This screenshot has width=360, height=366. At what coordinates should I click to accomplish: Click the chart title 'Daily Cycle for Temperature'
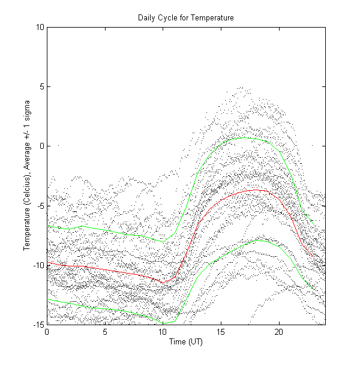[x=186, y=19]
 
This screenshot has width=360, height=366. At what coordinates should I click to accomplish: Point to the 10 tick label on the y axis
[x=39, y=27]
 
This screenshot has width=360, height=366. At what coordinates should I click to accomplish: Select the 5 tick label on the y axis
[x=41, y=86]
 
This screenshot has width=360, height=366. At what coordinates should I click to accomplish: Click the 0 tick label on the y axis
[x=41, y=146]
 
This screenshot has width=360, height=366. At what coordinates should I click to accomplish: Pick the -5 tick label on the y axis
[x=40, y=205]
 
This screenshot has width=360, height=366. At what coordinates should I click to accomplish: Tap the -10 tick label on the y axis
[x=38, y=265]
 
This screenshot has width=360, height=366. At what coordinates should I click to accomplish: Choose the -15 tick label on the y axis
[x=38, y=324]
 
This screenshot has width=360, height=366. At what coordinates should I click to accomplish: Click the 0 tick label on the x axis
[x=47, y=332]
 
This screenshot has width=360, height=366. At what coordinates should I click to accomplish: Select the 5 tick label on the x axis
[x=105, y=332]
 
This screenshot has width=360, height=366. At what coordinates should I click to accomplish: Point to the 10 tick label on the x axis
[x=163, y=332]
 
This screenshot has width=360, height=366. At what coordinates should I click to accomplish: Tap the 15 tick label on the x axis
[x=221, y=332]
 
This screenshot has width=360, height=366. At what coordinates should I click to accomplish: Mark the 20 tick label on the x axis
[x=279, y=332]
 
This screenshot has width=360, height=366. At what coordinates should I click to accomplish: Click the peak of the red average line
[x=256, y=190]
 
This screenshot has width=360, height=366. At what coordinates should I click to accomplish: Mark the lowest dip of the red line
[x=163, y=283]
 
